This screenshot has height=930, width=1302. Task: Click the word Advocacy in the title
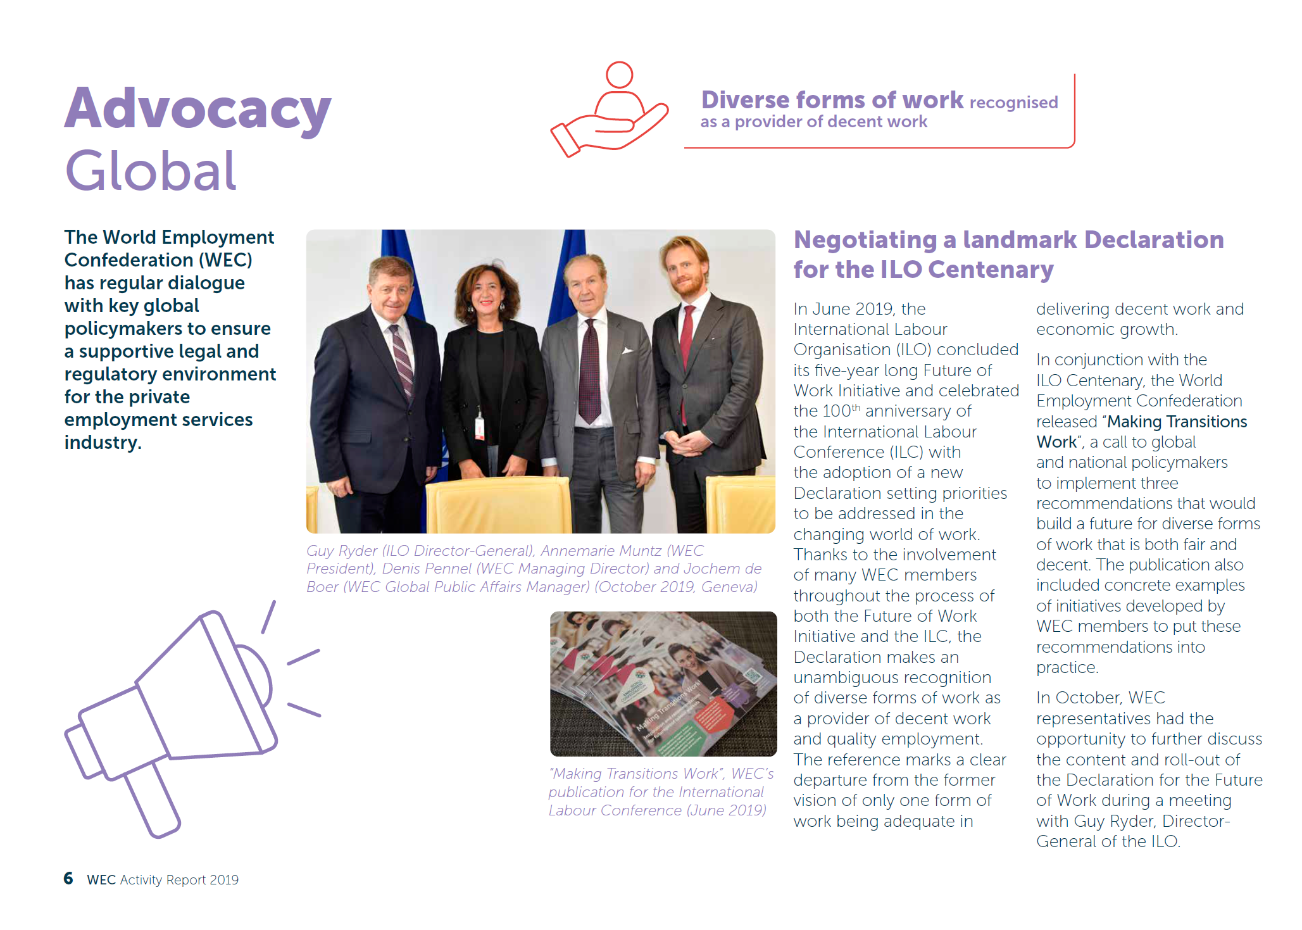pos(197,109)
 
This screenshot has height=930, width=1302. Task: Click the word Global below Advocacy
pos(151,171)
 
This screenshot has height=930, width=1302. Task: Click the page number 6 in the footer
pos(68,878)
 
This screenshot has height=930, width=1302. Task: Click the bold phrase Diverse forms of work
pos(832,100)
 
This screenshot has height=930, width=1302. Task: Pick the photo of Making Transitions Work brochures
pos(663,684)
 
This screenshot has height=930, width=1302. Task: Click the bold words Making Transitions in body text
pos(1177,422)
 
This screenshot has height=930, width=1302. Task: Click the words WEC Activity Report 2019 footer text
pos(163,879)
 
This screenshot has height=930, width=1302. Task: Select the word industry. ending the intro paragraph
pos(103,442)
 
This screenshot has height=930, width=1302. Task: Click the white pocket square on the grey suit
pos(627,350)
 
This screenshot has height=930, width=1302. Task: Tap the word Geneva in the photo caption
pos(729,587)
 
